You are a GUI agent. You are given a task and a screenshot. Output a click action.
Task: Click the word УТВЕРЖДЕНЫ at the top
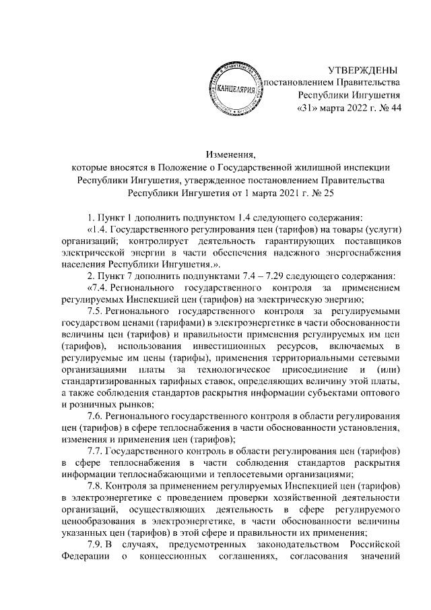pos(362,71)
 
